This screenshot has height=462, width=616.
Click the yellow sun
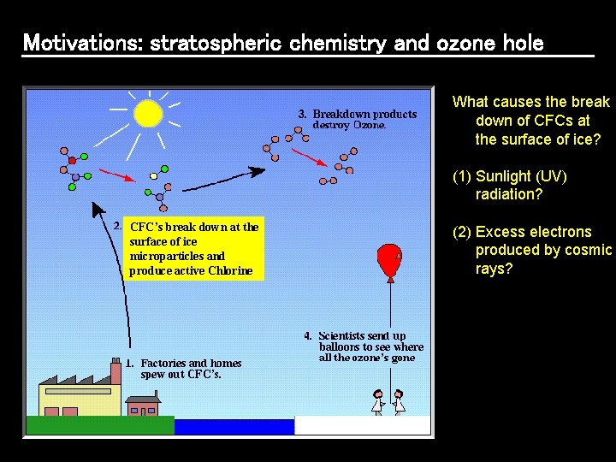point(148,112)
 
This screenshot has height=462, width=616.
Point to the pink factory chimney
point(115,371)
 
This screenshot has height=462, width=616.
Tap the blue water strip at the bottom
point(234,425)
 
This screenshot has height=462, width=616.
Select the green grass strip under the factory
point(100,425)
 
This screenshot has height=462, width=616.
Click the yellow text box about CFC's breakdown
point(192,249)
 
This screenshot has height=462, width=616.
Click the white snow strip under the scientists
point(362,425)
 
